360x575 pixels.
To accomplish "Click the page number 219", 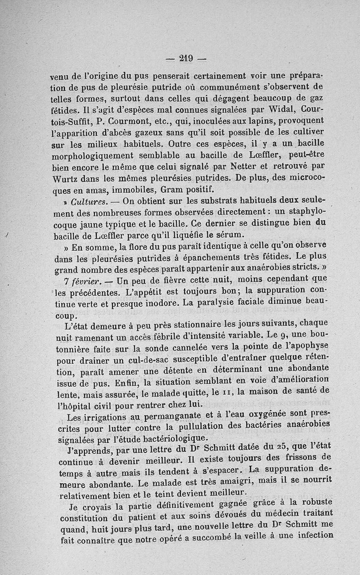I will tap(186, 58).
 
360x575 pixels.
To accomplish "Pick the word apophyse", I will tap(312, 348).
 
